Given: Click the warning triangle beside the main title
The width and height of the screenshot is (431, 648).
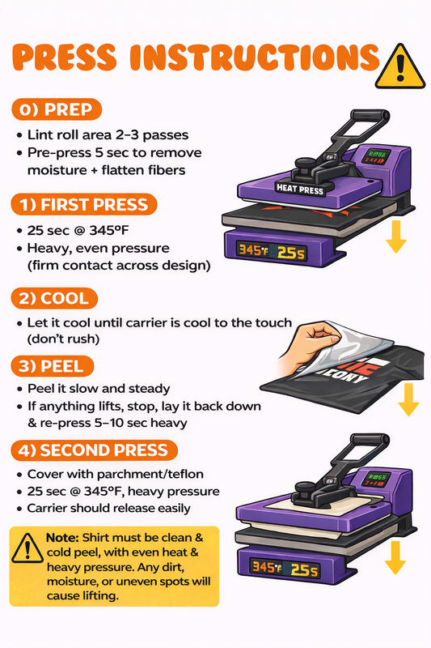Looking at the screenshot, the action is click(399, 68).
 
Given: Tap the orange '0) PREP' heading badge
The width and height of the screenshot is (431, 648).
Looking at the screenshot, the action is click(57, 109).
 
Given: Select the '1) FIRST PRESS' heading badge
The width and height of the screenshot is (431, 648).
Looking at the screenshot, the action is click(84, 205).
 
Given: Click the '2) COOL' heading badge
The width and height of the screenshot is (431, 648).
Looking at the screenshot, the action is click(54, 298).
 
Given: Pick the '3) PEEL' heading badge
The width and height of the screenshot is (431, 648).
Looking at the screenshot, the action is click(53, 366).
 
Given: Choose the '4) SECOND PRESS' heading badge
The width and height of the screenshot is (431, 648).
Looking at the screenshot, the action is click(94, 450).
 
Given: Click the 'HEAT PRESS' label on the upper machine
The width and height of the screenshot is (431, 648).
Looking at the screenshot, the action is click(300, 190).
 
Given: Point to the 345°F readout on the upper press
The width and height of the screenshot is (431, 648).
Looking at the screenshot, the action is click(251, 250).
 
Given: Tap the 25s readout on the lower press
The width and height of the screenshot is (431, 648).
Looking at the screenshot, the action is click(305, 570).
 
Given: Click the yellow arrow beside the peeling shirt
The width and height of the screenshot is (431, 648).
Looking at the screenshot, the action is click(408, 399).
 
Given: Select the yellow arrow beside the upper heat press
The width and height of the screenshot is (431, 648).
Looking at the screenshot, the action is click(396, 237).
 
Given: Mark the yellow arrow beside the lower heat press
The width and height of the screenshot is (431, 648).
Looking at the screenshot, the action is click(395, 558).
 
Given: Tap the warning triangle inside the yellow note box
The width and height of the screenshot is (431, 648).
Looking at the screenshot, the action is click(27, 548).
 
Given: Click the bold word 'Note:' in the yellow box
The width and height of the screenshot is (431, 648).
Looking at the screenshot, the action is click(62, 538).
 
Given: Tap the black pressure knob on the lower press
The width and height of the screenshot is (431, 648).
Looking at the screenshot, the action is click(304, 488).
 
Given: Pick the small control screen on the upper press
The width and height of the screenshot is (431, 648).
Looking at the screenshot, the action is click(376, 156).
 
